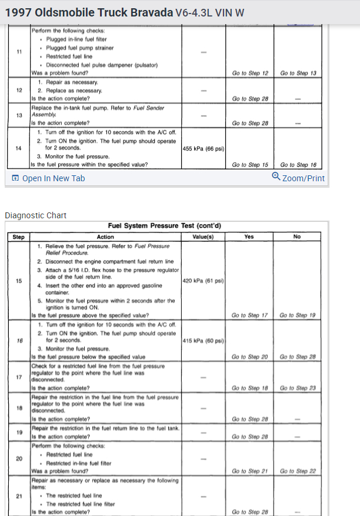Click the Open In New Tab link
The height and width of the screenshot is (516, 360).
[53, 178]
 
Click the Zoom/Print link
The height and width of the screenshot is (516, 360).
[303, 178]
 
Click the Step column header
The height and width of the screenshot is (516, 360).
[18, 237]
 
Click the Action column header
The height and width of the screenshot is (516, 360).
[105, 237]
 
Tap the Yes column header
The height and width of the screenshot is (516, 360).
[249, 237]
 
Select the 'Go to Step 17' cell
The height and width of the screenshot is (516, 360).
[249, 315]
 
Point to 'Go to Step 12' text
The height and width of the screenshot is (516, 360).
[249, 73]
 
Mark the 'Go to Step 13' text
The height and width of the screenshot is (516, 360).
[299, 73]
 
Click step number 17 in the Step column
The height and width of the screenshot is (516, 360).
[18, 377]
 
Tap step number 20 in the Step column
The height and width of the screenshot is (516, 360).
[18, 458]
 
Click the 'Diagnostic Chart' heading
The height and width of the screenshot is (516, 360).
[35, 215]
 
